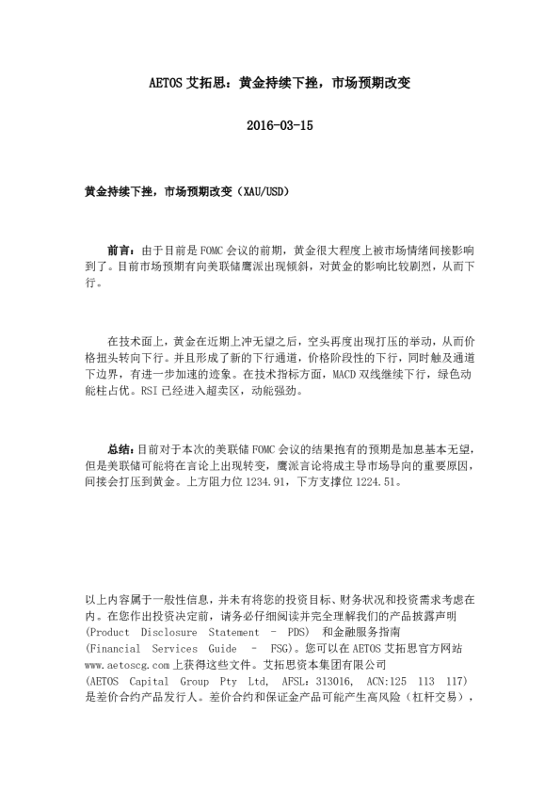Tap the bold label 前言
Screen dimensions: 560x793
(x=121, y=251)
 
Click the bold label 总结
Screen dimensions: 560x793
(x=121, y=449)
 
